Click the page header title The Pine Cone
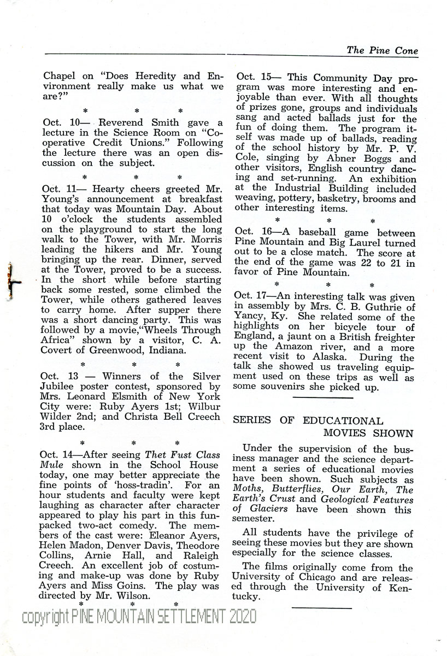click(382, 50)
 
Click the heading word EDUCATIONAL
click(350, 421)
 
